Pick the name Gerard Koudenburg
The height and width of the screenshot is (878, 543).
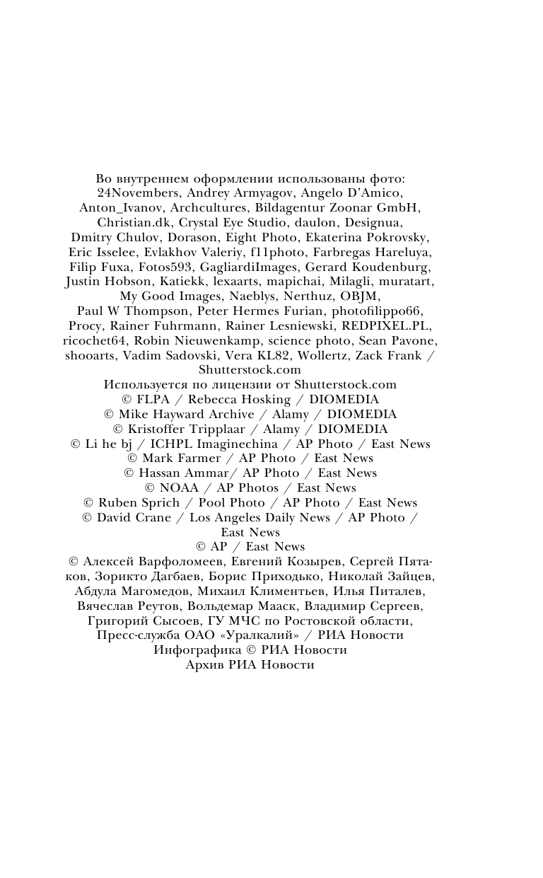[367, 267]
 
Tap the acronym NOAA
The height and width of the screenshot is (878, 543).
[180, 487]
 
